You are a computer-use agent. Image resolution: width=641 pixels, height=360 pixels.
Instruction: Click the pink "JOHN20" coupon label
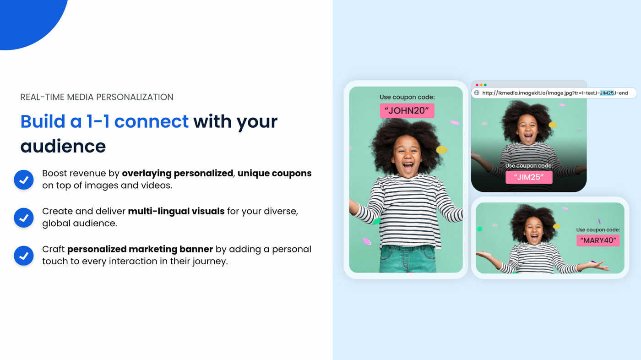407,111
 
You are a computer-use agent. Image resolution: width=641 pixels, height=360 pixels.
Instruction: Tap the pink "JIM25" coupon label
529,177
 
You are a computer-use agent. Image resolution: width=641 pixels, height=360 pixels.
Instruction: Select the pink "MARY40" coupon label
598,240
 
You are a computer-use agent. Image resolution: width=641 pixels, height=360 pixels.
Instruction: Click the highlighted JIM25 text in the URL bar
607,93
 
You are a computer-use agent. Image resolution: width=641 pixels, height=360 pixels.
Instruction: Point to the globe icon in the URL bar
477,93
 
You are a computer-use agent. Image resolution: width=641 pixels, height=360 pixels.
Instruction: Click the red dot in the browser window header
477,85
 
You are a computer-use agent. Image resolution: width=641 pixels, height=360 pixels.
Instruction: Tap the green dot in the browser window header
485,85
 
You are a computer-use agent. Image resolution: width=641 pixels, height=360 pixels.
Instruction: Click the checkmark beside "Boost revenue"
24,180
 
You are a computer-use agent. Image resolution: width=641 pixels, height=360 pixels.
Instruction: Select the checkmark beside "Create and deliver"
24,218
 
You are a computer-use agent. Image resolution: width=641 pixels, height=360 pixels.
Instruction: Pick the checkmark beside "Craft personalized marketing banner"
24,256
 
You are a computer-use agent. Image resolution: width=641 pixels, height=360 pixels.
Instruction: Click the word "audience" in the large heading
63,146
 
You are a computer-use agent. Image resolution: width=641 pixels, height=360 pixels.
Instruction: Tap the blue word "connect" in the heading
151,121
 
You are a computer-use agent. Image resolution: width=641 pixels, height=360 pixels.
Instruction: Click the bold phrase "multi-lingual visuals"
176,211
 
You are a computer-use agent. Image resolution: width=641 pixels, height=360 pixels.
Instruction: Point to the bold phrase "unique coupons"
274,173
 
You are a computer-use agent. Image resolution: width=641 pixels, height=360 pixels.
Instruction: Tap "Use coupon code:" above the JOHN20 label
407,97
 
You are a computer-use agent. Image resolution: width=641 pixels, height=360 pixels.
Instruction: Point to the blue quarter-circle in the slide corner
27,18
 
